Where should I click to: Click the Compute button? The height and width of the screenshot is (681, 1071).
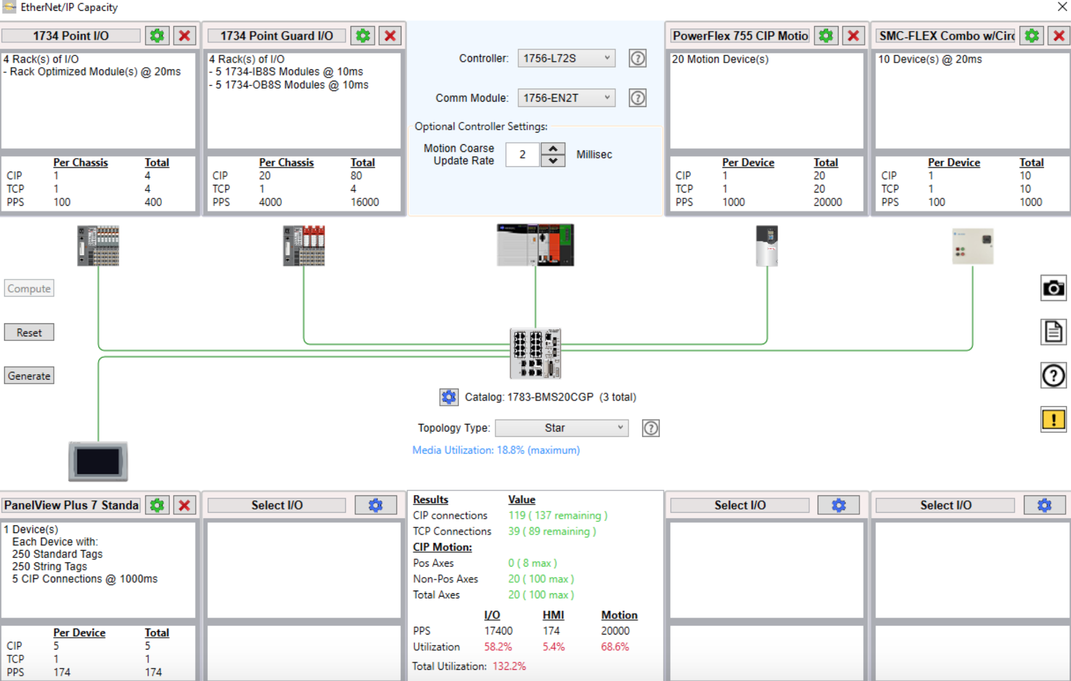tap(29, 289)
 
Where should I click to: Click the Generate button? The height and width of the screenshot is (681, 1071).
tap(29, 376)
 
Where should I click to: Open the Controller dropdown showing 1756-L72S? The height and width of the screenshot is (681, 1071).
tap(566, 58)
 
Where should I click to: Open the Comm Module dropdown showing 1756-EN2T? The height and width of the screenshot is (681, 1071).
tap(566, 98)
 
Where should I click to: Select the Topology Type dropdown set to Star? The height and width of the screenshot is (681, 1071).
tap(561, 428)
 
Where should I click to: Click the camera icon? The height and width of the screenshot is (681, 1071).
tap(1053, 289)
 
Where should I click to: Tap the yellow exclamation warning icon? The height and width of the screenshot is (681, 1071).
tap(1053, 420)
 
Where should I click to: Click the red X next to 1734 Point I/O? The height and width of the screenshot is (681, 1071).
tap(184, 36)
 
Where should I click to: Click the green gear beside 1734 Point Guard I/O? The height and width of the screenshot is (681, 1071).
tap(363, 36)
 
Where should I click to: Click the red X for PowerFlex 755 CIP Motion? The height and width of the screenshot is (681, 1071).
tap(853, 36)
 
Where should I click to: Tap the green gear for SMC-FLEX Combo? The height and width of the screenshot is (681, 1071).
tap(1031, 36)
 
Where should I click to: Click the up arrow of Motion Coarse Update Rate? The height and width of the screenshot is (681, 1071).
tap(553, 149)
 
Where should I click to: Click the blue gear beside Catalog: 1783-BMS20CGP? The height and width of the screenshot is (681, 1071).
tap(448, 397)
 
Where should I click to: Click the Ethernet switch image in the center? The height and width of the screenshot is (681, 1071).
tap(535, 353)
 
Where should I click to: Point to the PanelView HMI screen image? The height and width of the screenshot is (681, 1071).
tap(98, 461)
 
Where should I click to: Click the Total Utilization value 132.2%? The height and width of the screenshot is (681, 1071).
tap(509, 667)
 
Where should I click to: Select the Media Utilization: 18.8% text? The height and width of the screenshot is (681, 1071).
tap(495, 451)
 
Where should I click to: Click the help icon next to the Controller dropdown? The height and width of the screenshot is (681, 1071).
tap(637, 58)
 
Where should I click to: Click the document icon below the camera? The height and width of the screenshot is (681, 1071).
tap(1053, 332)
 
